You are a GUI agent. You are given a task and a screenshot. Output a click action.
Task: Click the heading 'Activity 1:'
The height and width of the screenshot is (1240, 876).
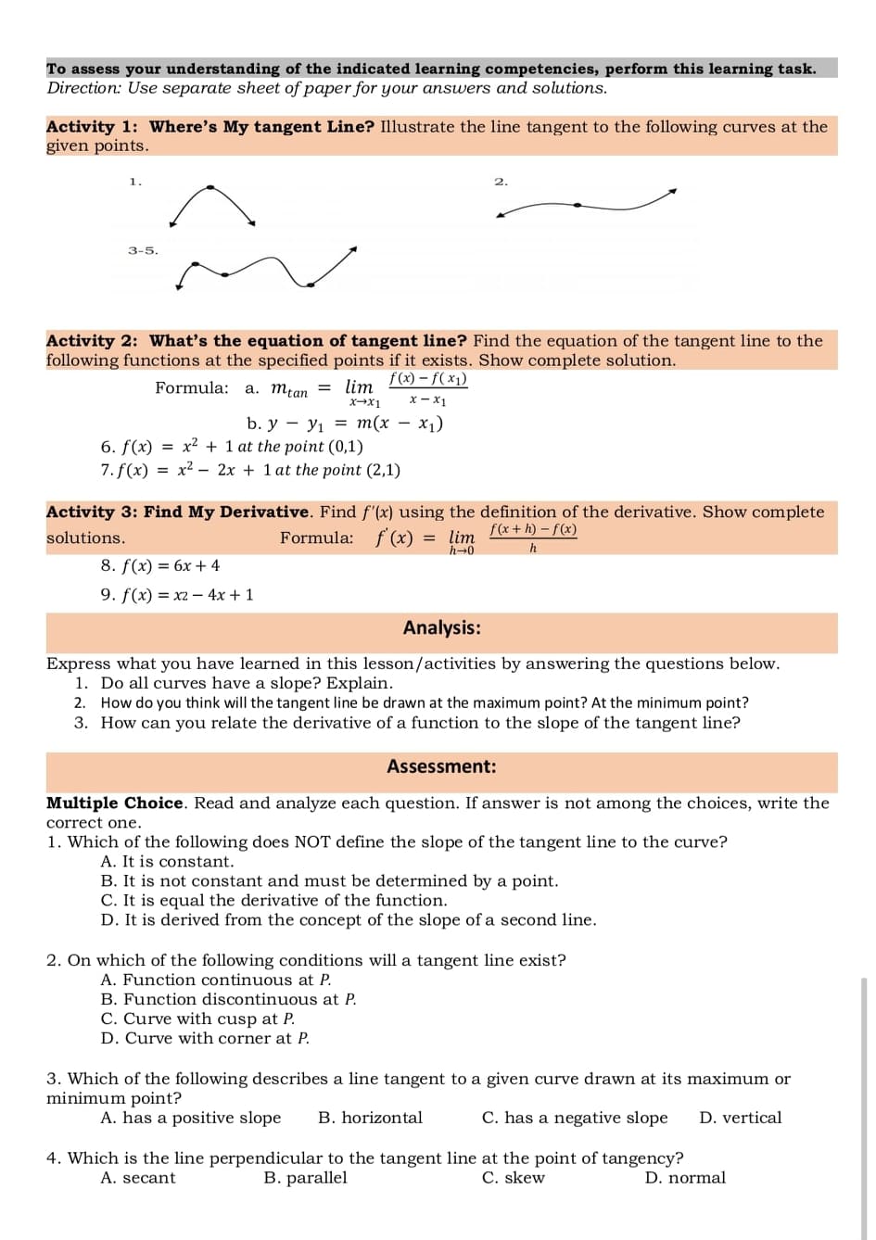click(92, 127)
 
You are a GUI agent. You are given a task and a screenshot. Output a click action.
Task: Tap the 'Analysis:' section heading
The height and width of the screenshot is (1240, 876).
click(441, 628)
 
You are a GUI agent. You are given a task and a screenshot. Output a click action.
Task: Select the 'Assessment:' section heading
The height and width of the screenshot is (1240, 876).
click(441, 766)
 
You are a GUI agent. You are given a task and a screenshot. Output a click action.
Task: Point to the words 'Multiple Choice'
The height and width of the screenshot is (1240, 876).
click(115, 803)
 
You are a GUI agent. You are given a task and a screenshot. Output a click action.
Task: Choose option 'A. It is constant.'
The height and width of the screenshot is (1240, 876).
click(167, 862)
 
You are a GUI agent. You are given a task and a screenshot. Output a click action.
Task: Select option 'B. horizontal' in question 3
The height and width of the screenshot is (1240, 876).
click(370, 1118)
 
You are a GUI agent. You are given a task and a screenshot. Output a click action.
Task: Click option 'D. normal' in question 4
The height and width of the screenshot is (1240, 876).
click(685, 1178)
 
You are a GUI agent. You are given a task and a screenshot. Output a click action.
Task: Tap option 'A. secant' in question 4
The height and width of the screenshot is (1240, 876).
click(137, 1178)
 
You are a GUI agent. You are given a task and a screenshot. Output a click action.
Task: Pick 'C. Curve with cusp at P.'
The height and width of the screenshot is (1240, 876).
click(197, 1019)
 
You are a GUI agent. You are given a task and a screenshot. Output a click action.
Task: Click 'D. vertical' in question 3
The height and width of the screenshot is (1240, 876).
click(740, 1118)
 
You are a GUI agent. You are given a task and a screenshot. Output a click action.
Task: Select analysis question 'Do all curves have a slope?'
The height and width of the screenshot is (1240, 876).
click(246, 683)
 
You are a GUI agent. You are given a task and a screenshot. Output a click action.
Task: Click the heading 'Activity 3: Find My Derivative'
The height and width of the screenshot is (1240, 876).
click(178, 512)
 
